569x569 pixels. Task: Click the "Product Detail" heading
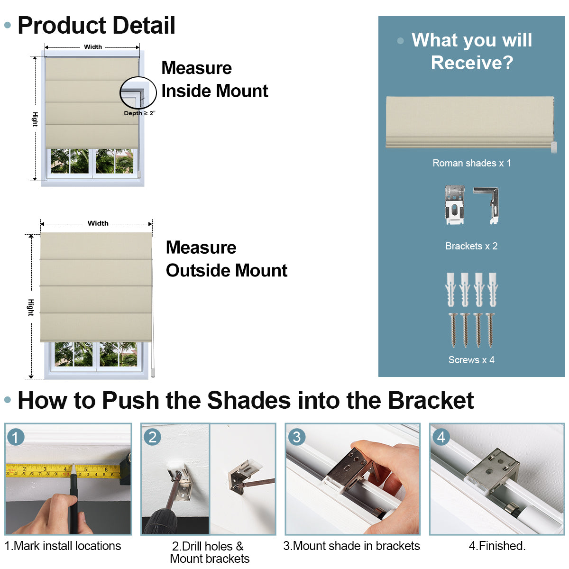[96, 26]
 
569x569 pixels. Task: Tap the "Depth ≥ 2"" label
[139, 113]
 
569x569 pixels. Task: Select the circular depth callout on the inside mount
[138, 93]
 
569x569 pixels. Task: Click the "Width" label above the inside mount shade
[93, 47]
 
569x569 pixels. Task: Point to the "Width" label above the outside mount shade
[98, 223]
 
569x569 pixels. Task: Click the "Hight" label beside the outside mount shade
[31, 307]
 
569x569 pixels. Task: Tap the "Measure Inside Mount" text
[214, 79]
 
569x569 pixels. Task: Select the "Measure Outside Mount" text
[226, 259]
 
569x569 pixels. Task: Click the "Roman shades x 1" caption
[472, 163]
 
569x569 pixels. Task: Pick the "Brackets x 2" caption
[471, 246]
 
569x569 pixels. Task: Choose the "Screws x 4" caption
[471, 360]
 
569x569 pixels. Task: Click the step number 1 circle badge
[16, 437]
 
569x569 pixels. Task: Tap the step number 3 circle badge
[297, 437]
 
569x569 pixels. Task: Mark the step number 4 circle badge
[441, 437]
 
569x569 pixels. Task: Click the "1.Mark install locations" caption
[63, 546]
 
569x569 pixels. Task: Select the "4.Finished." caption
[497, 546]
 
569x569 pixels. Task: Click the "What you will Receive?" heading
[472, 51]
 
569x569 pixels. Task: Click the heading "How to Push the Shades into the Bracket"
[246, 400]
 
